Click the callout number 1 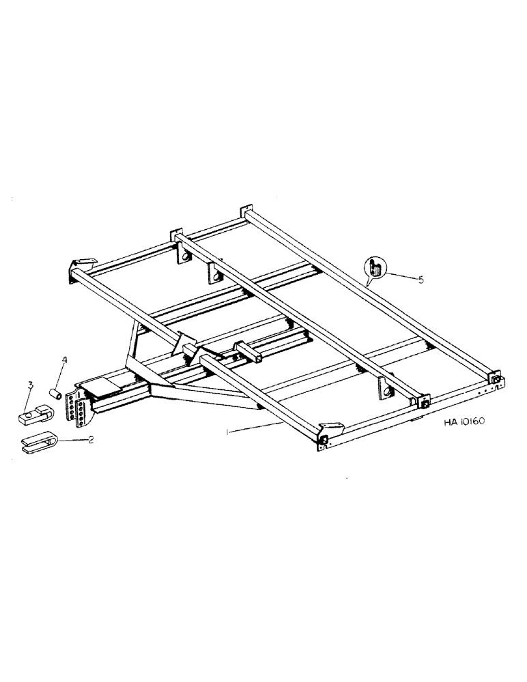point(228,432)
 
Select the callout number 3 point(30,386)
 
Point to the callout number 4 point(64,359)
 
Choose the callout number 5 point(421,279)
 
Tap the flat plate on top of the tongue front point(102,386)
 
